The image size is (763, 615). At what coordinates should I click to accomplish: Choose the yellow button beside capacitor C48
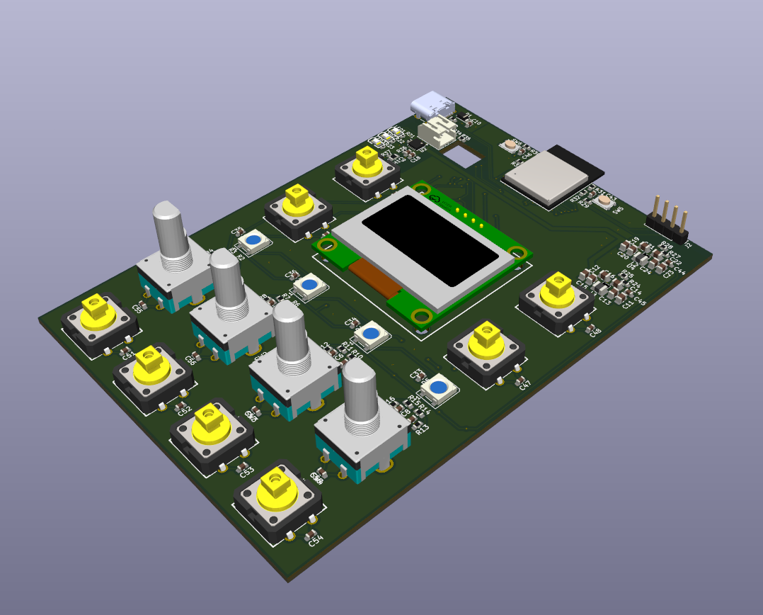(557, 288)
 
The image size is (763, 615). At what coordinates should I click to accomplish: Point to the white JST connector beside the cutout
(437, 131)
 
